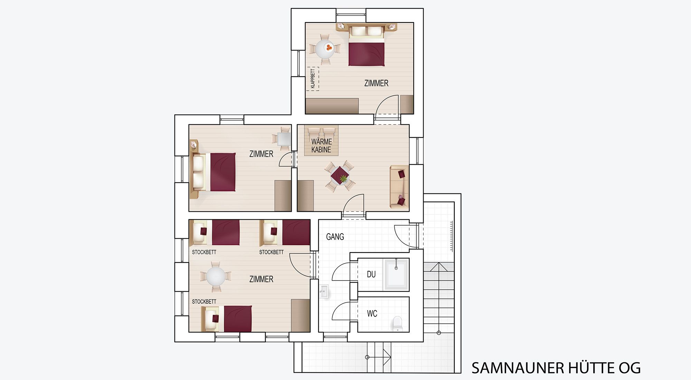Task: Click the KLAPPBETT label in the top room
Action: pyautogui.click(x=313, y=79)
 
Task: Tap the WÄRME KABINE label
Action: pyautogui.click(x=321, y=145)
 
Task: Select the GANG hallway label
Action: pyautogui.click(x=335, y=237)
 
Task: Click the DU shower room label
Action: pyautogui.click(x=371, y=274)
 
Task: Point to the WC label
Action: pyautogui.click(x=372, y=314)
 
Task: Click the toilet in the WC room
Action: pyautogui.click(x=398, y=323)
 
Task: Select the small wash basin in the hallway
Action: pyautogui.click(x=324, y=291)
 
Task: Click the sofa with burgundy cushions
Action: pyautogui.click(x=399, y=187)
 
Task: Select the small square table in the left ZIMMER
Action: pyautogui.click(x=284, y=139)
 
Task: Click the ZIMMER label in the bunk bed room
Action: pyautogui.click(x=261, y=279)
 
